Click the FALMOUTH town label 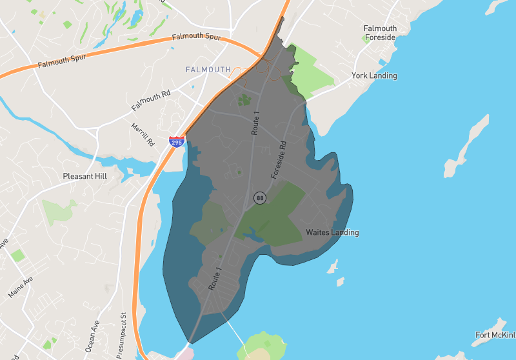pyautogui.click(x=208, y=69)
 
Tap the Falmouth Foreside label pyautogui.click(x=380, y=33)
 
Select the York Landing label pyautogui.click(x=374, y=75)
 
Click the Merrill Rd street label pyautogui.click(x=143, y=133)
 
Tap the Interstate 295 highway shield pyautogui.click(x=177, y=141)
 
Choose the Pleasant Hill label pyautogui.click(x=84, y=175)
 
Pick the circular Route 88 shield pyautogui.click(x=260, y=198)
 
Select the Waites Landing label pyautogui.click(x=332, y=232)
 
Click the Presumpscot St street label pyautogui.click(x=121, y=335)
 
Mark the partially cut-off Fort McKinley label pyautogui.click(x=495, y=335)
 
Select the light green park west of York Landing pyautogui.click(x=312, y=72)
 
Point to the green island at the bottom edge pyautogui.click(x=261, y=345)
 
